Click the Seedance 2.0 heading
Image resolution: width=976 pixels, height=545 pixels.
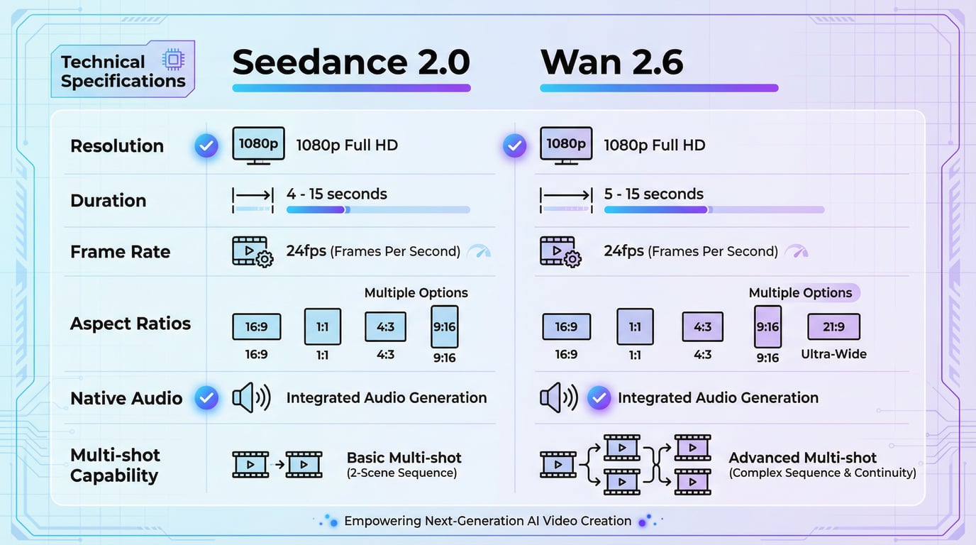(351, 62)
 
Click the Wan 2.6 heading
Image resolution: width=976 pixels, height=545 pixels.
(611, 62)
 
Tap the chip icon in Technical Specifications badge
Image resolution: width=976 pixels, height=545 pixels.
(172, 60)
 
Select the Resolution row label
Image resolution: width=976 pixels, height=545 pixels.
(117, 146)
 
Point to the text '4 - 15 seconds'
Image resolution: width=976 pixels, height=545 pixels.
(337, 194)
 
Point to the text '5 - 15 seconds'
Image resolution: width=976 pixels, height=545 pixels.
(653, 194)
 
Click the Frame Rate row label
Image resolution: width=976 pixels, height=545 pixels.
(121, 252)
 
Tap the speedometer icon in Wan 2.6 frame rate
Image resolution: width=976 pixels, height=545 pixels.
(797, 251)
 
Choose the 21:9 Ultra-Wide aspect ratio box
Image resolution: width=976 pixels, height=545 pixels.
(833, 327)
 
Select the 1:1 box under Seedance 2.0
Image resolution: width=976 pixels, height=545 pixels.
(322, 326)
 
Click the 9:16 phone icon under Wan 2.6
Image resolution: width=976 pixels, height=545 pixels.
(767, 327)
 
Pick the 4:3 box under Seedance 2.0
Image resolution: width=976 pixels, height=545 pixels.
(385, 326)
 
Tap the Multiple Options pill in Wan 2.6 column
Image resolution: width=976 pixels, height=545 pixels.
(801, 293)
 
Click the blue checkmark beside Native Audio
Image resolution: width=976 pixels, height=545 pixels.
(206, 398)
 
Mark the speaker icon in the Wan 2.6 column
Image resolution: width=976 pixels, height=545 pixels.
(558, 398)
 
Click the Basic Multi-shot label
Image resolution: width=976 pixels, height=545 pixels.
(404, 458)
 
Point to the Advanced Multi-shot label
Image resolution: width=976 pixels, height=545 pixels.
(802, 458)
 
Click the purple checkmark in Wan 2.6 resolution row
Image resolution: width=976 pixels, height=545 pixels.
(514, 146)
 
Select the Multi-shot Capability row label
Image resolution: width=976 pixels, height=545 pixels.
(115, 466)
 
